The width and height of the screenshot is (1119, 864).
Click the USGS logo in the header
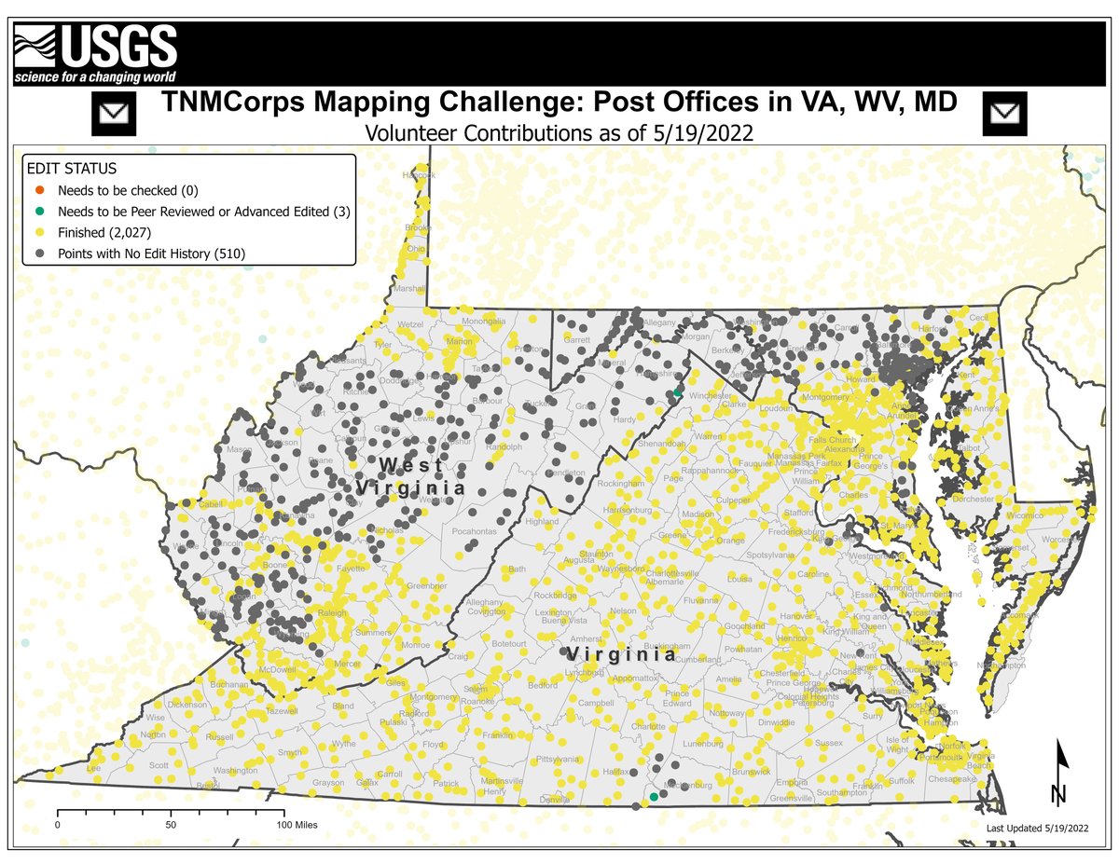[x=94, y=53]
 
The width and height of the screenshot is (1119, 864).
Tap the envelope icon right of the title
[x=1004, y=114]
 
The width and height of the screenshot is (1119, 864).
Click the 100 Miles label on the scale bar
[x=297, y=825]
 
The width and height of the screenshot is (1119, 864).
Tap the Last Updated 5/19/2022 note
[x=1037, y=828]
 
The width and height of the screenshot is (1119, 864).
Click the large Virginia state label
[x=621, y=654]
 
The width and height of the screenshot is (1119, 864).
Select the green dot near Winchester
[x=678, y=394]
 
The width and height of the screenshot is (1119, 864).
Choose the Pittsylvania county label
[x=558, y=760]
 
